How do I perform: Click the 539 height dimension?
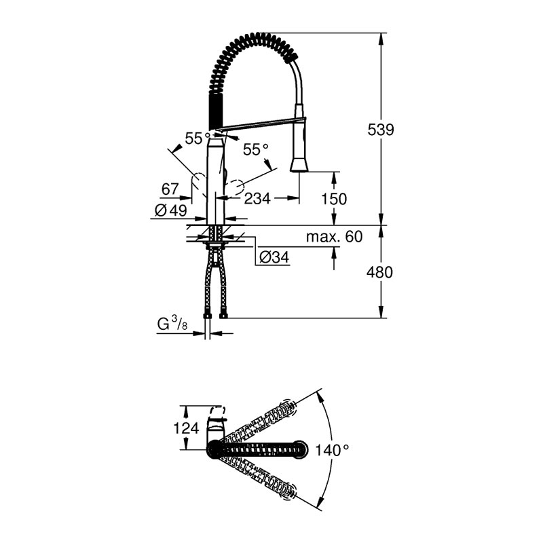381,130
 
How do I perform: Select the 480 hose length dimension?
379,272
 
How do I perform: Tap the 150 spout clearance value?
334,199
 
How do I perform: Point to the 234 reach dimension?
257,198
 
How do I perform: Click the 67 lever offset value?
170,189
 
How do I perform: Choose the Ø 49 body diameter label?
171,210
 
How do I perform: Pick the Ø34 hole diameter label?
274,257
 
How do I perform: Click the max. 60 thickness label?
334,237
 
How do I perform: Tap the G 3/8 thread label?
172,325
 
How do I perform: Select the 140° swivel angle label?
332,450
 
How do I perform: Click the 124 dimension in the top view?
186,428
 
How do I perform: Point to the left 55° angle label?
198,138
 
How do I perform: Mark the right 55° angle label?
256,150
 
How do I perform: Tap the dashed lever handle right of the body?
236,187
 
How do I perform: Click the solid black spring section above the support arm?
215,111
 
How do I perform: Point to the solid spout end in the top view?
300,449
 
